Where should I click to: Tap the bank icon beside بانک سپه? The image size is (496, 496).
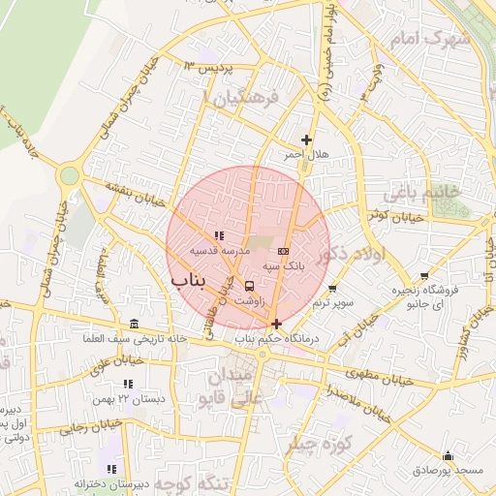(x=282, y=251)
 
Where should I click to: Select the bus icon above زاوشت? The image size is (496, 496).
(x=251, y=286)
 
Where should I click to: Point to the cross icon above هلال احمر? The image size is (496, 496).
(x=307, y=140)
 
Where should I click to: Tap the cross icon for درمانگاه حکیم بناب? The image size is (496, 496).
(x=277, y=324)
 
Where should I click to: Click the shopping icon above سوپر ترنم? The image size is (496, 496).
(x=332, y=289)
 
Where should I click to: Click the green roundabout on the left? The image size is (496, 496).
(x=68, y=175)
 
